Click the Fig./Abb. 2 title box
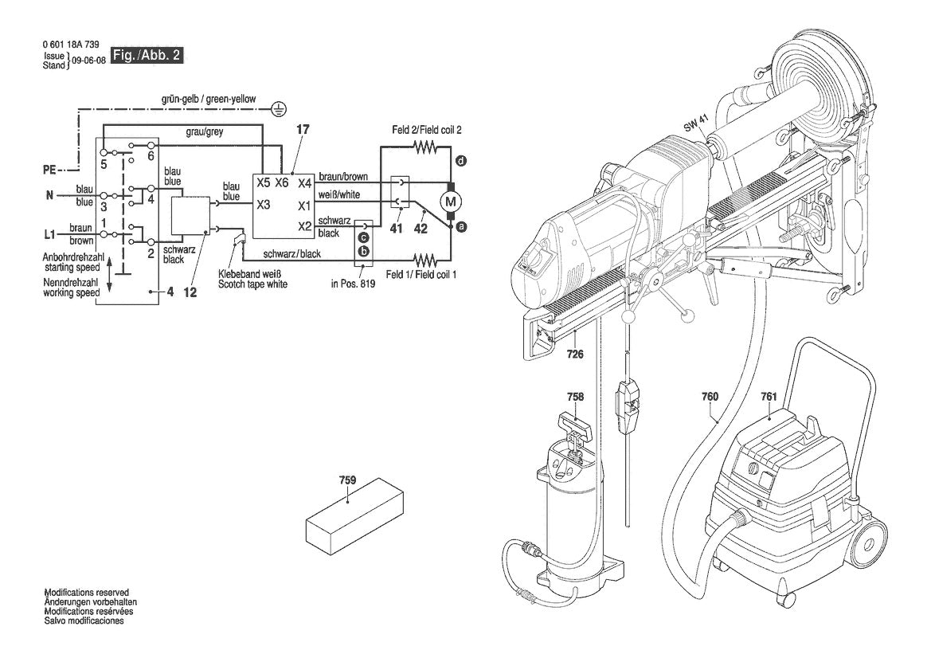[150, 57]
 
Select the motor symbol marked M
[449, 198]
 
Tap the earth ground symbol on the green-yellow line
[278, 107]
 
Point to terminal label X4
[305, 183]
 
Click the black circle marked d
[460, 161]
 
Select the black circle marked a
[461, 227]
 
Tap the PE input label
[50, 169]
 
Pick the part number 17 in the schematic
[301, 129]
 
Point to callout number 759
[347, 480]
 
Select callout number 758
[575, 397]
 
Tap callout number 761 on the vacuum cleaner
[769, 397]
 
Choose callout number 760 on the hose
[710, 396]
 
